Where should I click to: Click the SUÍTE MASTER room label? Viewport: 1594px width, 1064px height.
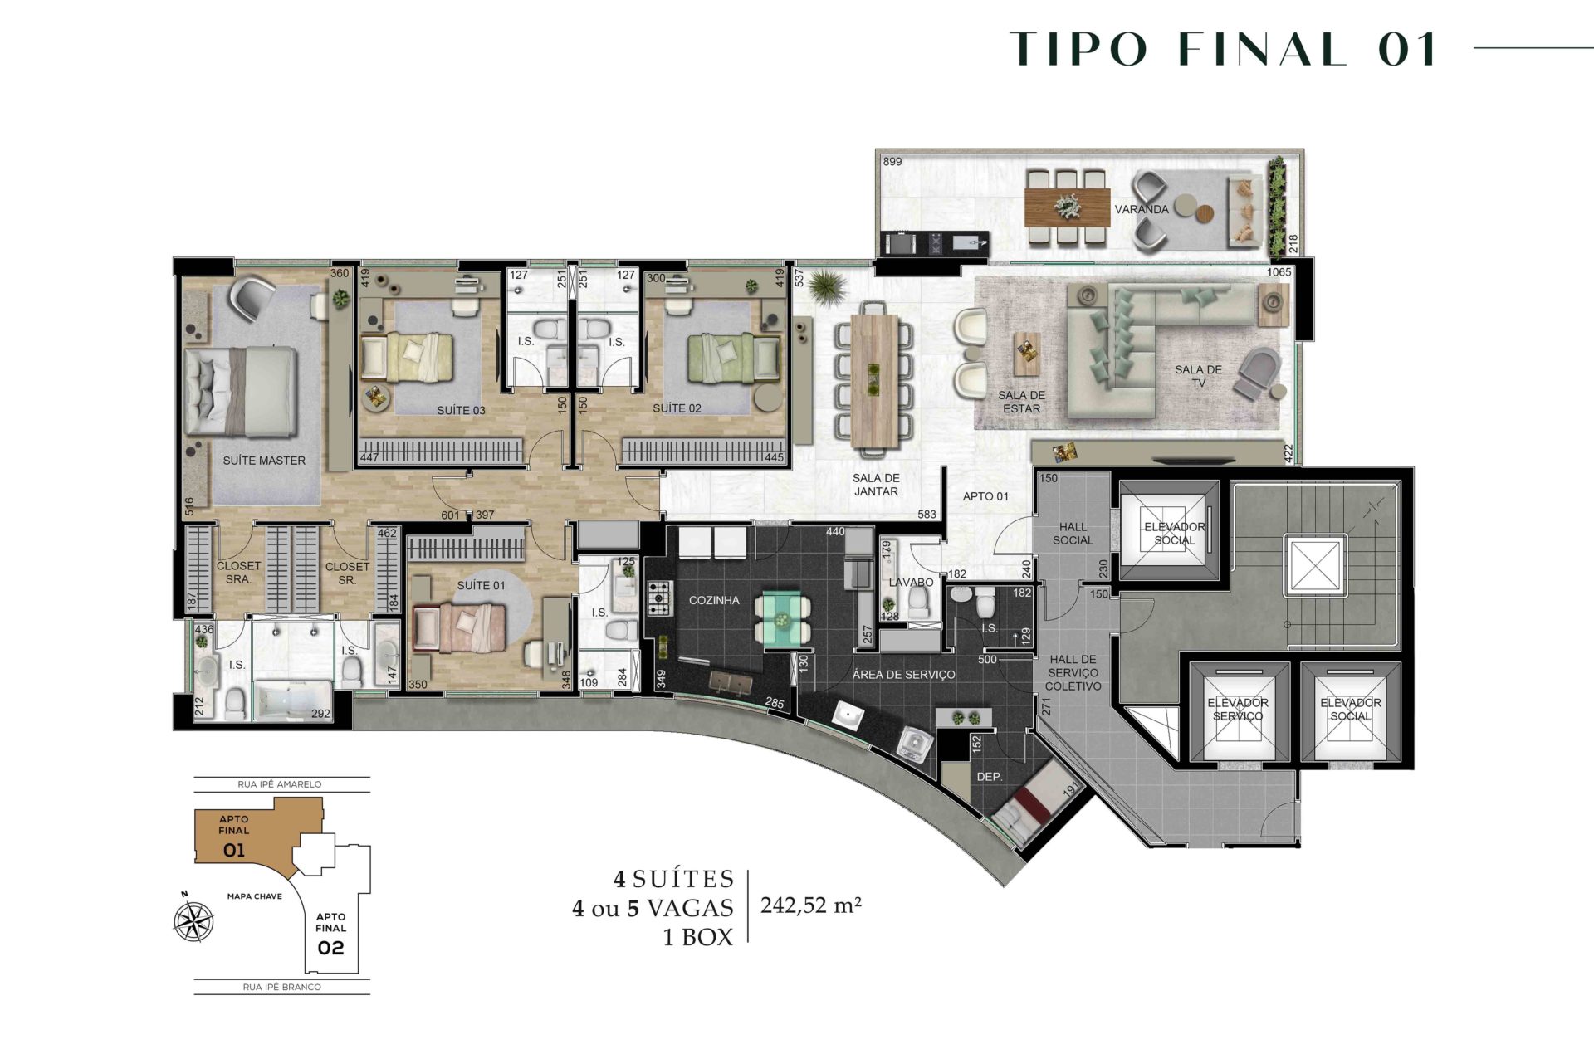tap(264, 461)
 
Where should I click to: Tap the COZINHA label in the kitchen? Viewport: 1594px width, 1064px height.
tap(714, 600)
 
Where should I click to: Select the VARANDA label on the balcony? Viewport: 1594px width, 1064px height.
tap(1142, 209)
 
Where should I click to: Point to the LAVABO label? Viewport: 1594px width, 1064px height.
tap(911, 582)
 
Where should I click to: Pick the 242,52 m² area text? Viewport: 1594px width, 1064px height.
tap(811, 905)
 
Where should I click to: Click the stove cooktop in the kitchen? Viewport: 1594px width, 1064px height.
tap(660, 598)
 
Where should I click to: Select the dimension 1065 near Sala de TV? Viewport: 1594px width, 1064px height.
tap(1279, 272)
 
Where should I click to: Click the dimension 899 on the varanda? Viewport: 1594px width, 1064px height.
tap(892, 162)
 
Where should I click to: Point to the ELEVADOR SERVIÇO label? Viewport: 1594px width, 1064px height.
tap(1238, 710)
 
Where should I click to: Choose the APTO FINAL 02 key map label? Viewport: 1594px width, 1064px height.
tap(330, 935)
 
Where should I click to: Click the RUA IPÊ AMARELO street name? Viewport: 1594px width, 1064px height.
tap(280, 784)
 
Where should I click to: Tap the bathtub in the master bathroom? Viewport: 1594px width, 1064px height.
tap(291, 701)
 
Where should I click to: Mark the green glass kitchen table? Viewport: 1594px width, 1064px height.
tap(782, 618)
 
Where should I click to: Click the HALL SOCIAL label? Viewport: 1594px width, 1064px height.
tap(1073, 533)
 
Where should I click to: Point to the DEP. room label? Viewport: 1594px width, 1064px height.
tap(990, 777)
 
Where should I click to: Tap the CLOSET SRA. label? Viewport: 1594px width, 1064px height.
tap(239, 573)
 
